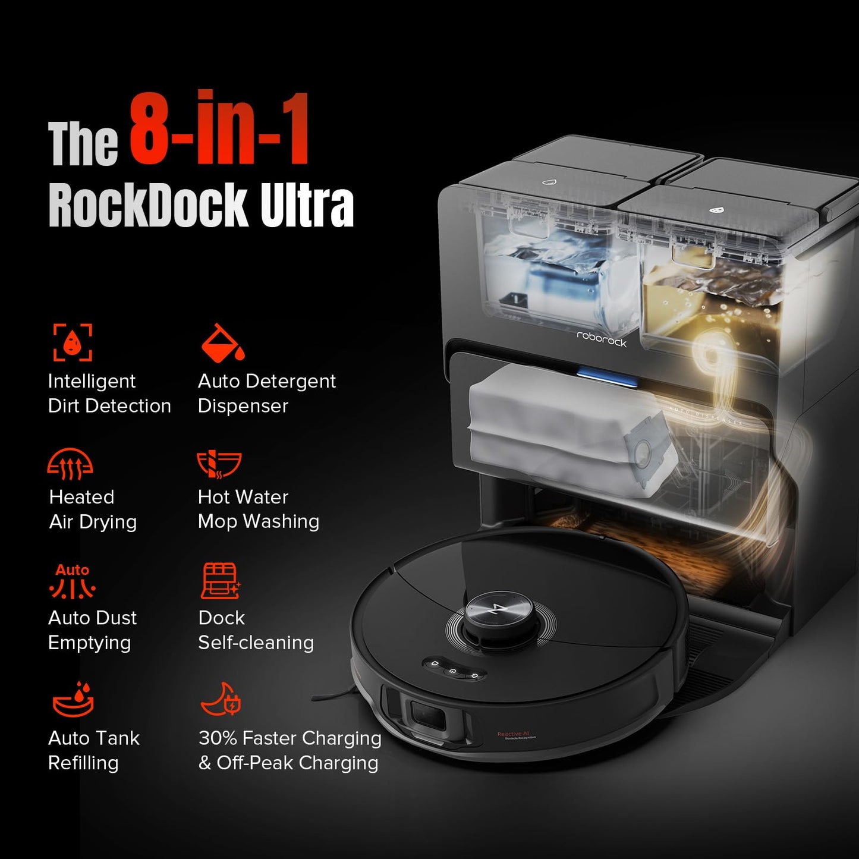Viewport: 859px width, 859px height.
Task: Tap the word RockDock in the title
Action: click(x=147, y=205)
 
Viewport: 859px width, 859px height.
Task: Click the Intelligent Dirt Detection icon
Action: click(x=73, y=342)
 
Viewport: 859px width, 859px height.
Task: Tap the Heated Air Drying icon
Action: click(x=70, y=464)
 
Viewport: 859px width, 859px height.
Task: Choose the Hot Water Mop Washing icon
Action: click(x=219, y=464)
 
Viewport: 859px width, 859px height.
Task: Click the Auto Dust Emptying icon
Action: click(x=73, y=582)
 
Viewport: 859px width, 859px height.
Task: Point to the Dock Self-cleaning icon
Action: click(x=220, y=581)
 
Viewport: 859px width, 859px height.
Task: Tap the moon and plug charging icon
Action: click(x=221, y=700)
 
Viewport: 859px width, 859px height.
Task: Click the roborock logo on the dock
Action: click(x=602, y=339)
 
